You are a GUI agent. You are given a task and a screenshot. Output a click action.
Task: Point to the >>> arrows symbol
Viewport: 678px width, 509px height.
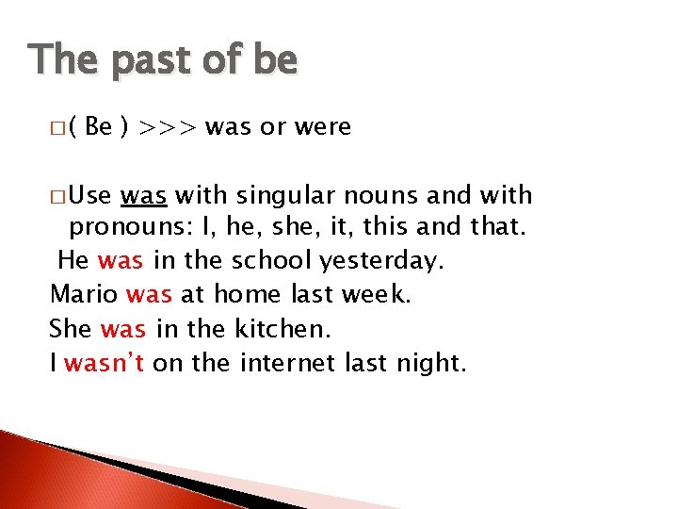coord(169,126)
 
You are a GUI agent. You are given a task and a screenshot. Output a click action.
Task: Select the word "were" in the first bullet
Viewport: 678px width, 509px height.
coord(321,126)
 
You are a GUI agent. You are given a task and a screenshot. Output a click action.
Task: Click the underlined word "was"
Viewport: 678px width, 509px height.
coord(144,196)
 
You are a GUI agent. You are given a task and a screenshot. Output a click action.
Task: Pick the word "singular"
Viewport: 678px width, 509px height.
coord(282,196)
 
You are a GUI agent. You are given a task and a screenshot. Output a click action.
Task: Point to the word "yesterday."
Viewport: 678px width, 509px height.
coord(384,260)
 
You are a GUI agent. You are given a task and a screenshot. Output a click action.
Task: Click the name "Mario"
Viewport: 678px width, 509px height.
coord(84,295)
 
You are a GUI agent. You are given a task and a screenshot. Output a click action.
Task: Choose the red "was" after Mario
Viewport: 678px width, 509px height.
coord(149,295)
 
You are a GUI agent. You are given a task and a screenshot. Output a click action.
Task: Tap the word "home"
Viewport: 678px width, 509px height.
coord(248,295)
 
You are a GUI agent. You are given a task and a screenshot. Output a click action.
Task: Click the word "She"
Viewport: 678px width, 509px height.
coord(71,329)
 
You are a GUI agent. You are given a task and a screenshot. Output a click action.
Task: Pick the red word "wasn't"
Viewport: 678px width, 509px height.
coord(104,363)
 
